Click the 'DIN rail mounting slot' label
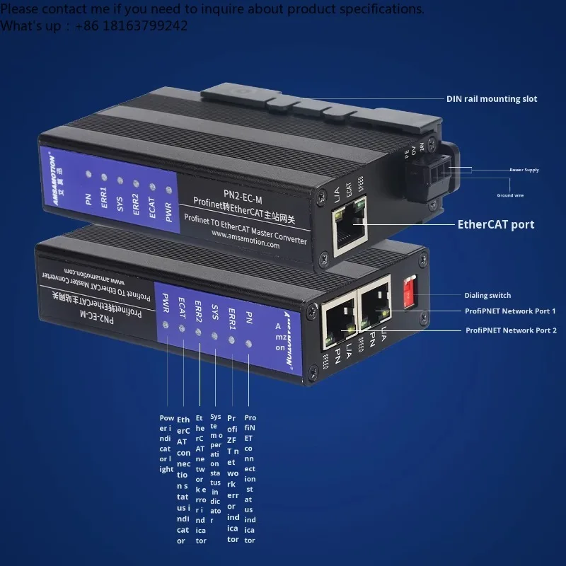[491, 99]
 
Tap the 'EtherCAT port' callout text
[495, 225]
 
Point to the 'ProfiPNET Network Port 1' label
[509, 311]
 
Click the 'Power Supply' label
[524, 170]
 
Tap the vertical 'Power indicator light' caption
[166, 444]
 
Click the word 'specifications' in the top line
[376, 9]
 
